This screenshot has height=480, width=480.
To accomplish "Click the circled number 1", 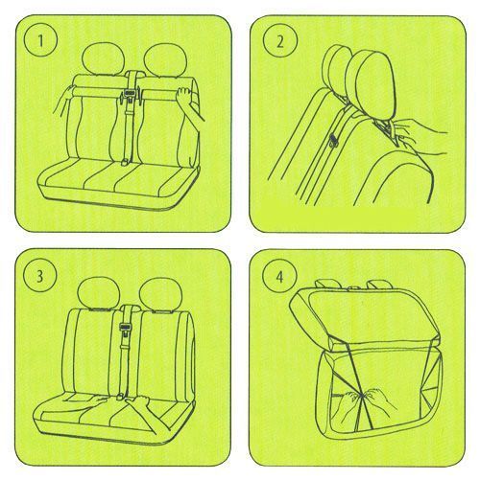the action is [40, 41].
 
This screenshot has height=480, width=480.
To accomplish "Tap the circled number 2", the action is [280, 41].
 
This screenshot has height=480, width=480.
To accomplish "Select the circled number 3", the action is [39, 276].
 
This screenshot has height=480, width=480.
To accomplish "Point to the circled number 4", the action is [279, 277].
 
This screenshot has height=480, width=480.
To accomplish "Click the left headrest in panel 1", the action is [103, 59].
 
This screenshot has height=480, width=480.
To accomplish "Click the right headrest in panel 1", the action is [165, 59].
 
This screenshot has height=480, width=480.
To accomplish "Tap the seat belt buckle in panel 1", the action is [130, 94].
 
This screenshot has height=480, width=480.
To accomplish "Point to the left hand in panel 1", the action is [65, 98].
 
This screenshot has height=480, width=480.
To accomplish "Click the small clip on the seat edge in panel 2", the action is [334, 140].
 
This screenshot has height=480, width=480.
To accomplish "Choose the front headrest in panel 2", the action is [372, 84].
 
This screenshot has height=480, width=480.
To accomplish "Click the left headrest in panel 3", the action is [99, 293].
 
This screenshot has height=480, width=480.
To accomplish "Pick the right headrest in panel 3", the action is [161, 294].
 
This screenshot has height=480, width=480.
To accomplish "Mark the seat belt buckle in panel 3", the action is [124, 328].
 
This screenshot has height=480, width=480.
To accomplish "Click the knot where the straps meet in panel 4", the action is [362, 397].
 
